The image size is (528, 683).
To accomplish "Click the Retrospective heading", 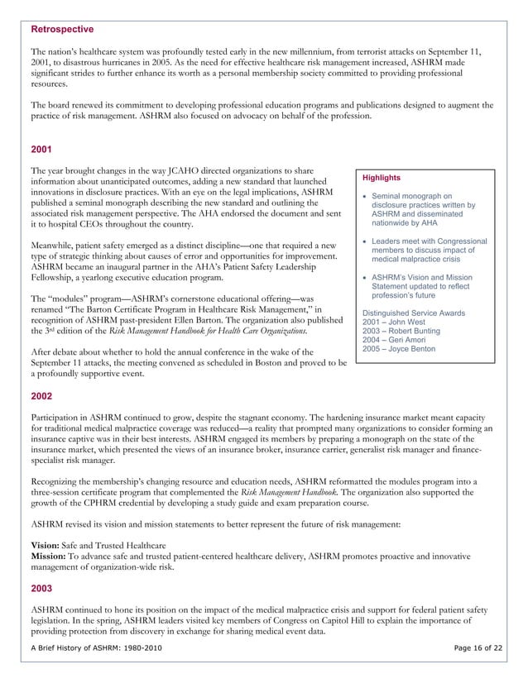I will pos(62,29).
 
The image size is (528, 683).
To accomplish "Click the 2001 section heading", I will pos(42,150).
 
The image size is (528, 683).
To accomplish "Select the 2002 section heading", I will pos(42,395).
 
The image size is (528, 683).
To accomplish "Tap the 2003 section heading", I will pos(42,588).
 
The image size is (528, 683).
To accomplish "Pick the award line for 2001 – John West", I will pos(396,322).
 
